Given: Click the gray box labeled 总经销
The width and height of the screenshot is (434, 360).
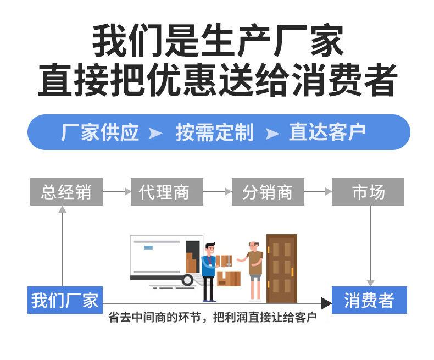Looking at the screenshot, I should pos(66,192).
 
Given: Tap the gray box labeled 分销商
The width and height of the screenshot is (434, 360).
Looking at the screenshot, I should pos(268,192).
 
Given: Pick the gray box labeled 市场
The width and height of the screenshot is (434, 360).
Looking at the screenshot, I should pos(368,192).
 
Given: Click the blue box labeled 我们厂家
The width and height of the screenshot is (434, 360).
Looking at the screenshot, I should pos(65,300).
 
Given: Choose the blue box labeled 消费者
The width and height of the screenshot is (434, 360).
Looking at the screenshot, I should pos(369,300).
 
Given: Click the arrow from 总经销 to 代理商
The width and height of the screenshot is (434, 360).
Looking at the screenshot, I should pos(116,192).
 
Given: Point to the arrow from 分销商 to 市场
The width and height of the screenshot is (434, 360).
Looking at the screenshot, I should pos(318,192).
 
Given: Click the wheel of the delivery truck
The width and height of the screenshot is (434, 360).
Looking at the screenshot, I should pos(188,280).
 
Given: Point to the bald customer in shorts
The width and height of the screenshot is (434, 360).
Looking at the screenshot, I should pos(254,269).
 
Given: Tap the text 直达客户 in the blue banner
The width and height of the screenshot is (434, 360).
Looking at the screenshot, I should pos(327,132).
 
